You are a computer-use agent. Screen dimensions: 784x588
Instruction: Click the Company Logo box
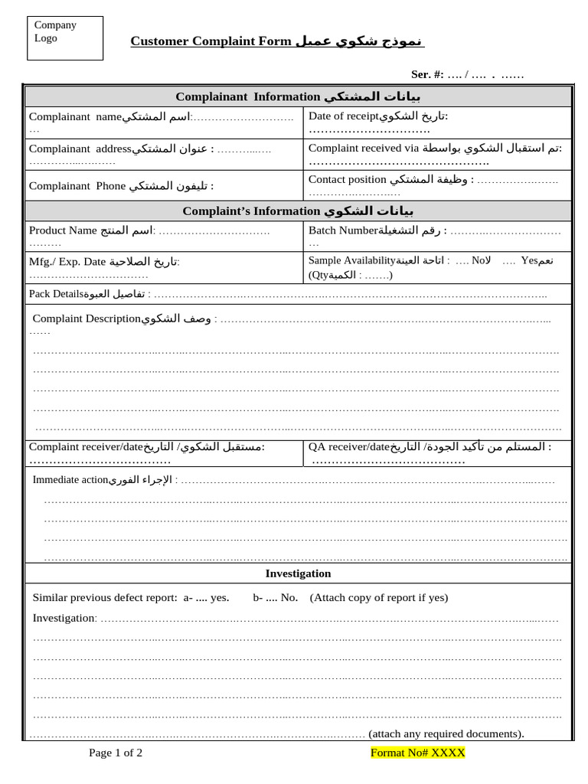64,38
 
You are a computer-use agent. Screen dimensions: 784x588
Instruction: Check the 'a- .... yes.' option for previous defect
206,597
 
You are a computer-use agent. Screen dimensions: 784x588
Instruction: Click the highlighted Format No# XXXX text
417,753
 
